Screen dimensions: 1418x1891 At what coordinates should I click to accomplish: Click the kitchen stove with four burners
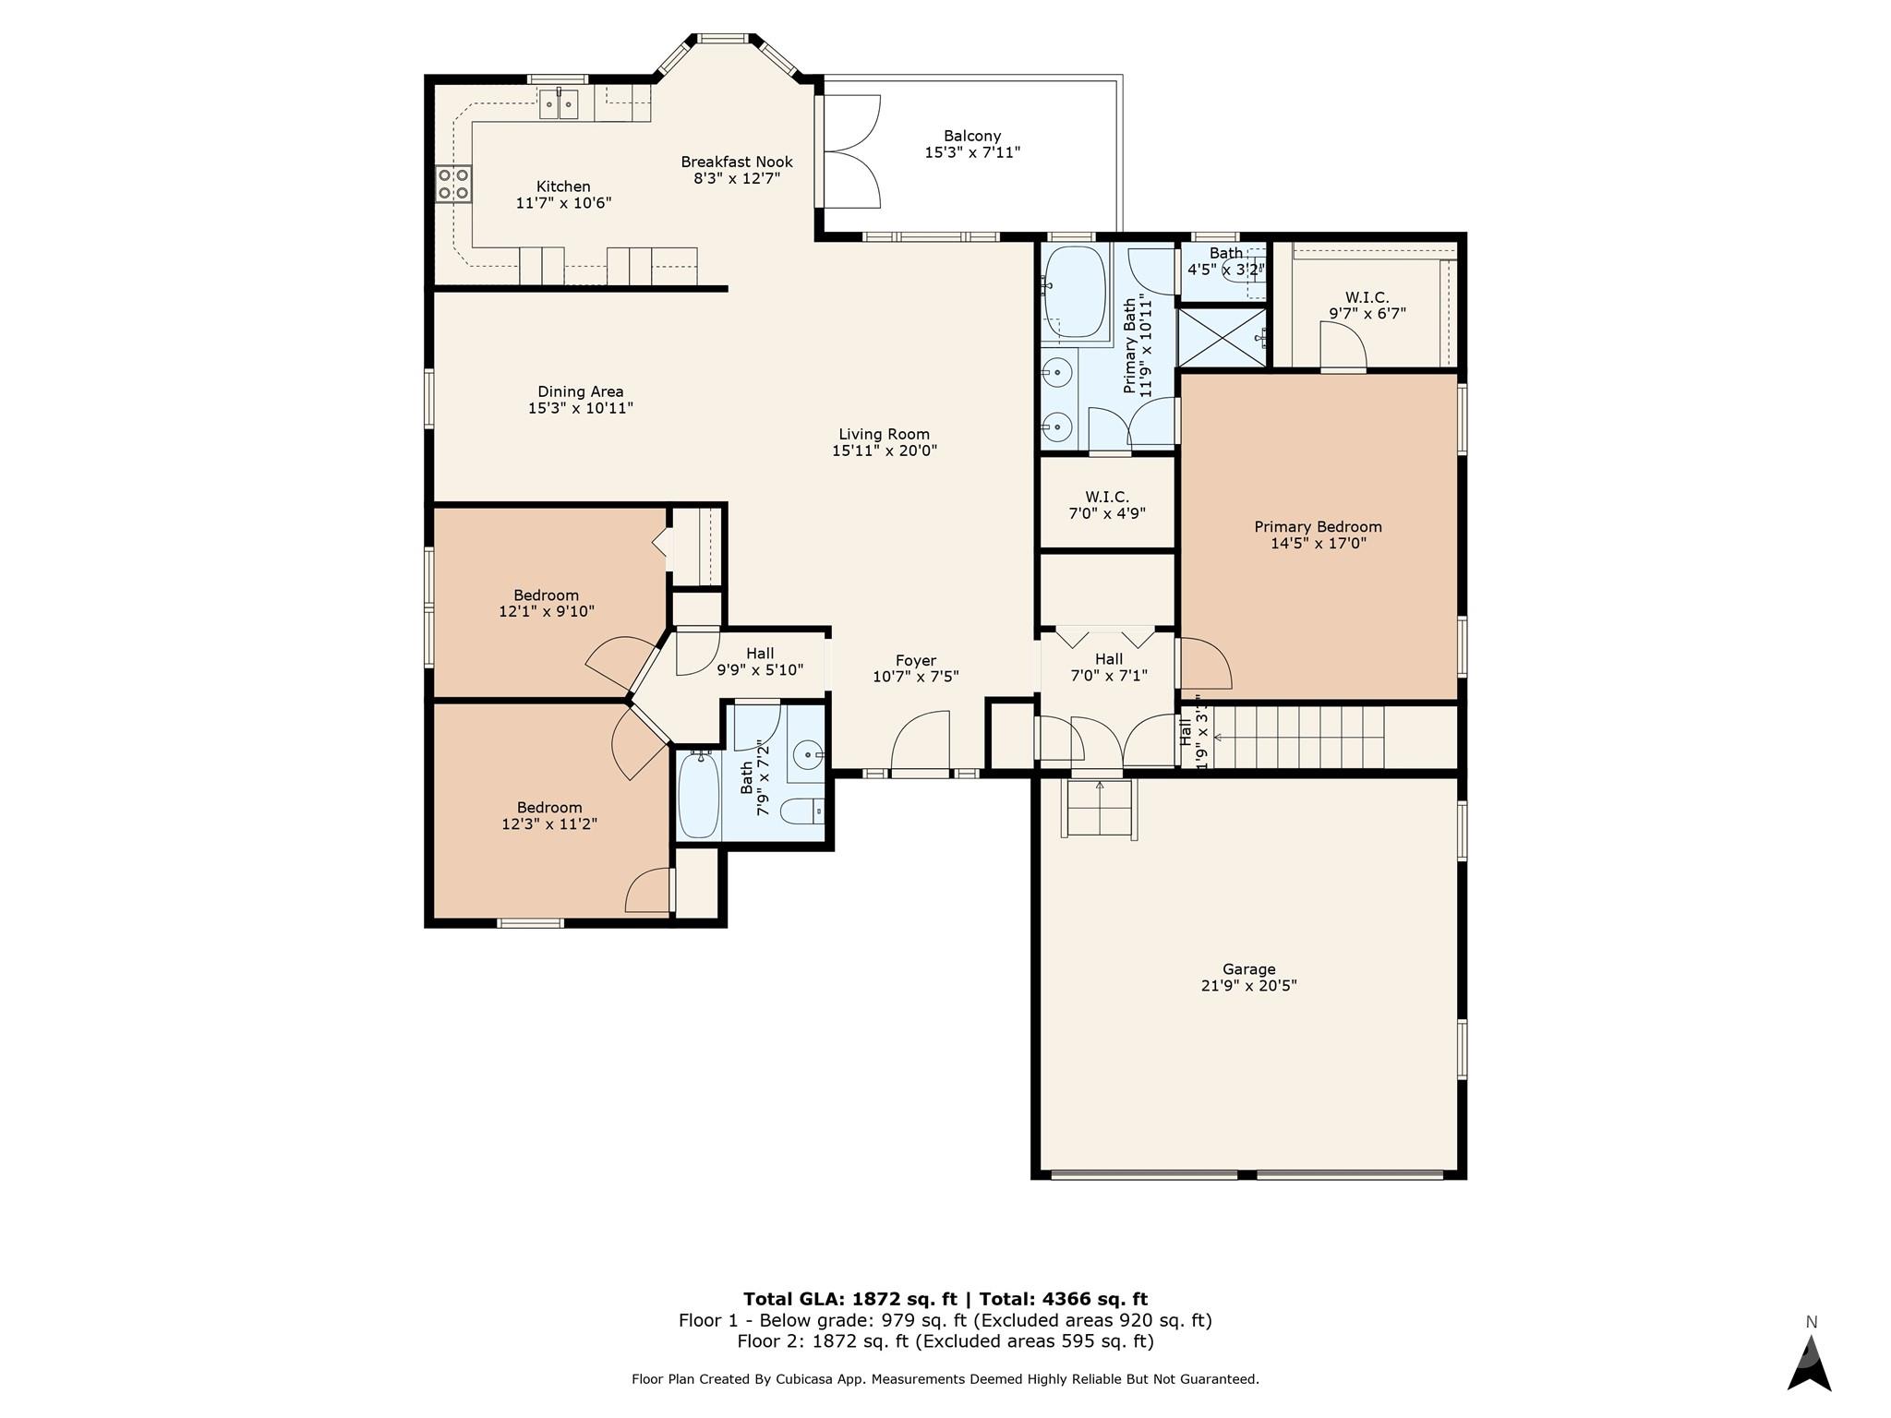tap(453, 184)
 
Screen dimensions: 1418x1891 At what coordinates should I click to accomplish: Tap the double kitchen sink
tap(559, 104)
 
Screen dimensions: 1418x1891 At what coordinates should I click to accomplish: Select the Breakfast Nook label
tap(737, 162)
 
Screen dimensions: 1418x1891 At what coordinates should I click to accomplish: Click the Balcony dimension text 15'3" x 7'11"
tap(972, 152)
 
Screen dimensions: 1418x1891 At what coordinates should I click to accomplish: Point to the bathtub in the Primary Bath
tap(1074, 291)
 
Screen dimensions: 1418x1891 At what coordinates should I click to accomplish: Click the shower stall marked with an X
tap(1222, 337)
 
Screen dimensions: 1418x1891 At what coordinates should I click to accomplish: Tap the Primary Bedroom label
tap(1318, 527)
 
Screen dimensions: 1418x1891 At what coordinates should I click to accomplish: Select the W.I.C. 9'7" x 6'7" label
tap(1367, 306)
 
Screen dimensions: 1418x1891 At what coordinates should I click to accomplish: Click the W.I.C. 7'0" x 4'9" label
tap(1107, 505)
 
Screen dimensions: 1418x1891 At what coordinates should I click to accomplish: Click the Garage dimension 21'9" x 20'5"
tap(1249, 985)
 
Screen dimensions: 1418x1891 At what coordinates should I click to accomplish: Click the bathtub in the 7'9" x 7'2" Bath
tap(699, 794)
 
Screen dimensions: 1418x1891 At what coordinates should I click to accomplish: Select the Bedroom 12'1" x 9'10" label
tap(547, 603)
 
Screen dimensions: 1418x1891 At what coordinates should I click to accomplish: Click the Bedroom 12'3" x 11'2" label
tap(549, 815)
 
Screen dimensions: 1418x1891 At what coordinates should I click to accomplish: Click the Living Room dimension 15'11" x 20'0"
tap(885, 451)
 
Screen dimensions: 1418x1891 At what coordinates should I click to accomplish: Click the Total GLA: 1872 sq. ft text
tap(849, 1300)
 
